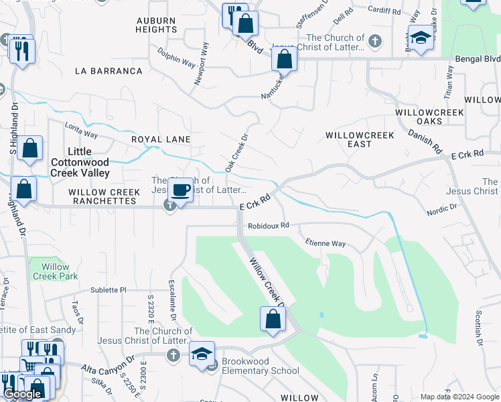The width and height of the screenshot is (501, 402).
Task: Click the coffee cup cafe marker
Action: pos(180,191)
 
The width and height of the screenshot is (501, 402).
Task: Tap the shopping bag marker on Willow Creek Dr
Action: pos(273,320)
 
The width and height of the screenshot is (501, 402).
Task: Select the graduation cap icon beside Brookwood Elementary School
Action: pos(202,354)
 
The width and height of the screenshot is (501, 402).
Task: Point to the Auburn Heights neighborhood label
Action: pos(155,25)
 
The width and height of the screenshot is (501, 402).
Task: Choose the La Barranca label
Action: pos(109,71)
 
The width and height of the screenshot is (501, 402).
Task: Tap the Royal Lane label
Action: pos(161,139)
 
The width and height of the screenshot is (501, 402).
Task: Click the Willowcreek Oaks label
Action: pos(429,117)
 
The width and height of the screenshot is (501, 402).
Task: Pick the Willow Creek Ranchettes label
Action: pos(104,196)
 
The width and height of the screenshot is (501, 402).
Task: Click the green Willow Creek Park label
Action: pos(55,271)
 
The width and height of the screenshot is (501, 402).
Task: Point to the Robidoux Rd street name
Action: pos(268,226)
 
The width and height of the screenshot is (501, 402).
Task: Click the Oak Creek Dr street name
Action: pos(236,153)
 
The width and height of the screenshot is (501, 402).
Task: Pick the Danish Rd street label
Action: pos(425,139)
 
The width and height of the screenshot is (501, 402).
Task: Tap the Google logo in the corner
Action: pos(22,394)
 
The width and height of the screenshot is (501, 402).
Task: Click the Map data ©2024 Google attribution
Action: pos(459,397)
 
